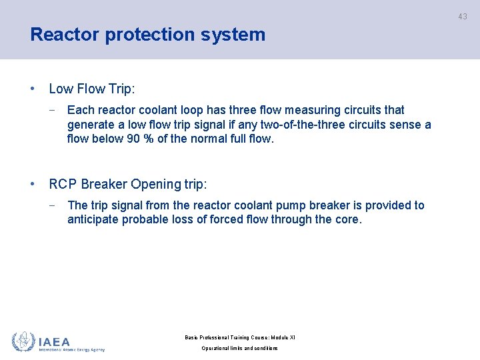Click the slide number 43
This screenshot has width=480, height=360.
(x=463, y=17)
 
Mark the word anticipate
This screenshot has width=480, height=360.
(x=93, y=220)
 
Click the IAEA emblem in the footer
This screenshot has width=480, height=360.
(x=23, y=341)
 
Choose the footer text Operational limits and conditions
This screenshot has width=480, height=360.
(x=240, y=348)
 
